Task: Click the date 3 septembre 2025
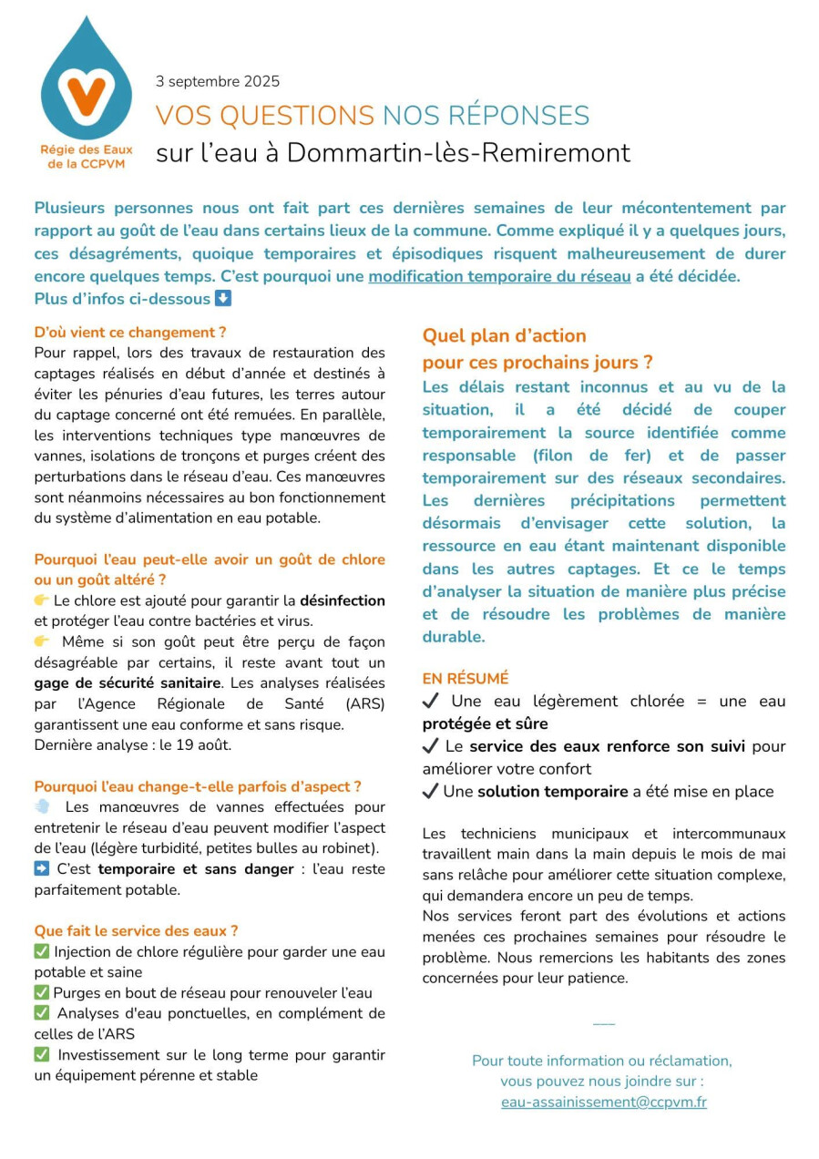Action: pyautogui.click(x=218, y=81)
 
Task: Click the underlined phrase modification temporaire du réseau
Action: pyautogui.click(x=499, y=276)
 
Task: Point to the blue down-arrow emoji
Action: pyautogui.click(x=223, y=299)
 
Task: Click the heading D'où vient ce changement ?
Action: pyautogui.click(x=130, y=333)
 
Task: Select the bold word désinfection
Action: pyautogui.click(x=343, y=600)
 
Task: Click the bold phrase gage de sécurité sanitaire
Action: pyautogui.click(x=128, y=682)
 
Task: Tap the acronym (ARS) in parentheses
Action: pyautogui.click(x=364, y=703)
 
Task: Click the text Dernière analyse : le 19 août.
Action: pyautogui.click(x=133, y=744)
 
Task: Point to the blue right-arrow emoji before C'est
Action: pyautogui.click(x=41, y=869)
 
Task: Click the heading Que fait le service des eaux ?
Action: pyautogui.click(x=136, y=930)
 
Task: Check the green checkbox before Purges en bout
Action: pyautogui.click(x=41, y=993)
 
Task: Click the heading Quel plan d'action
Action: pyautogui.click(x=504, y=335)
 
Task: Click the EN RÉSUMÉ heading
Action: pyautogui.click(x=465, y=679)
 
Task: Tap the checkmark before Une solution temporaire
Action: pyautogui.click(x=431, y=791)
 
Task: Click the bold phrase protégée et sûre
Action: pyautogui.click(x=485, y=723)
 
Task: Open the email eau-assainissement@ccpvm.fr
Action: pyautogui.click(x=603, y=1102)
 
